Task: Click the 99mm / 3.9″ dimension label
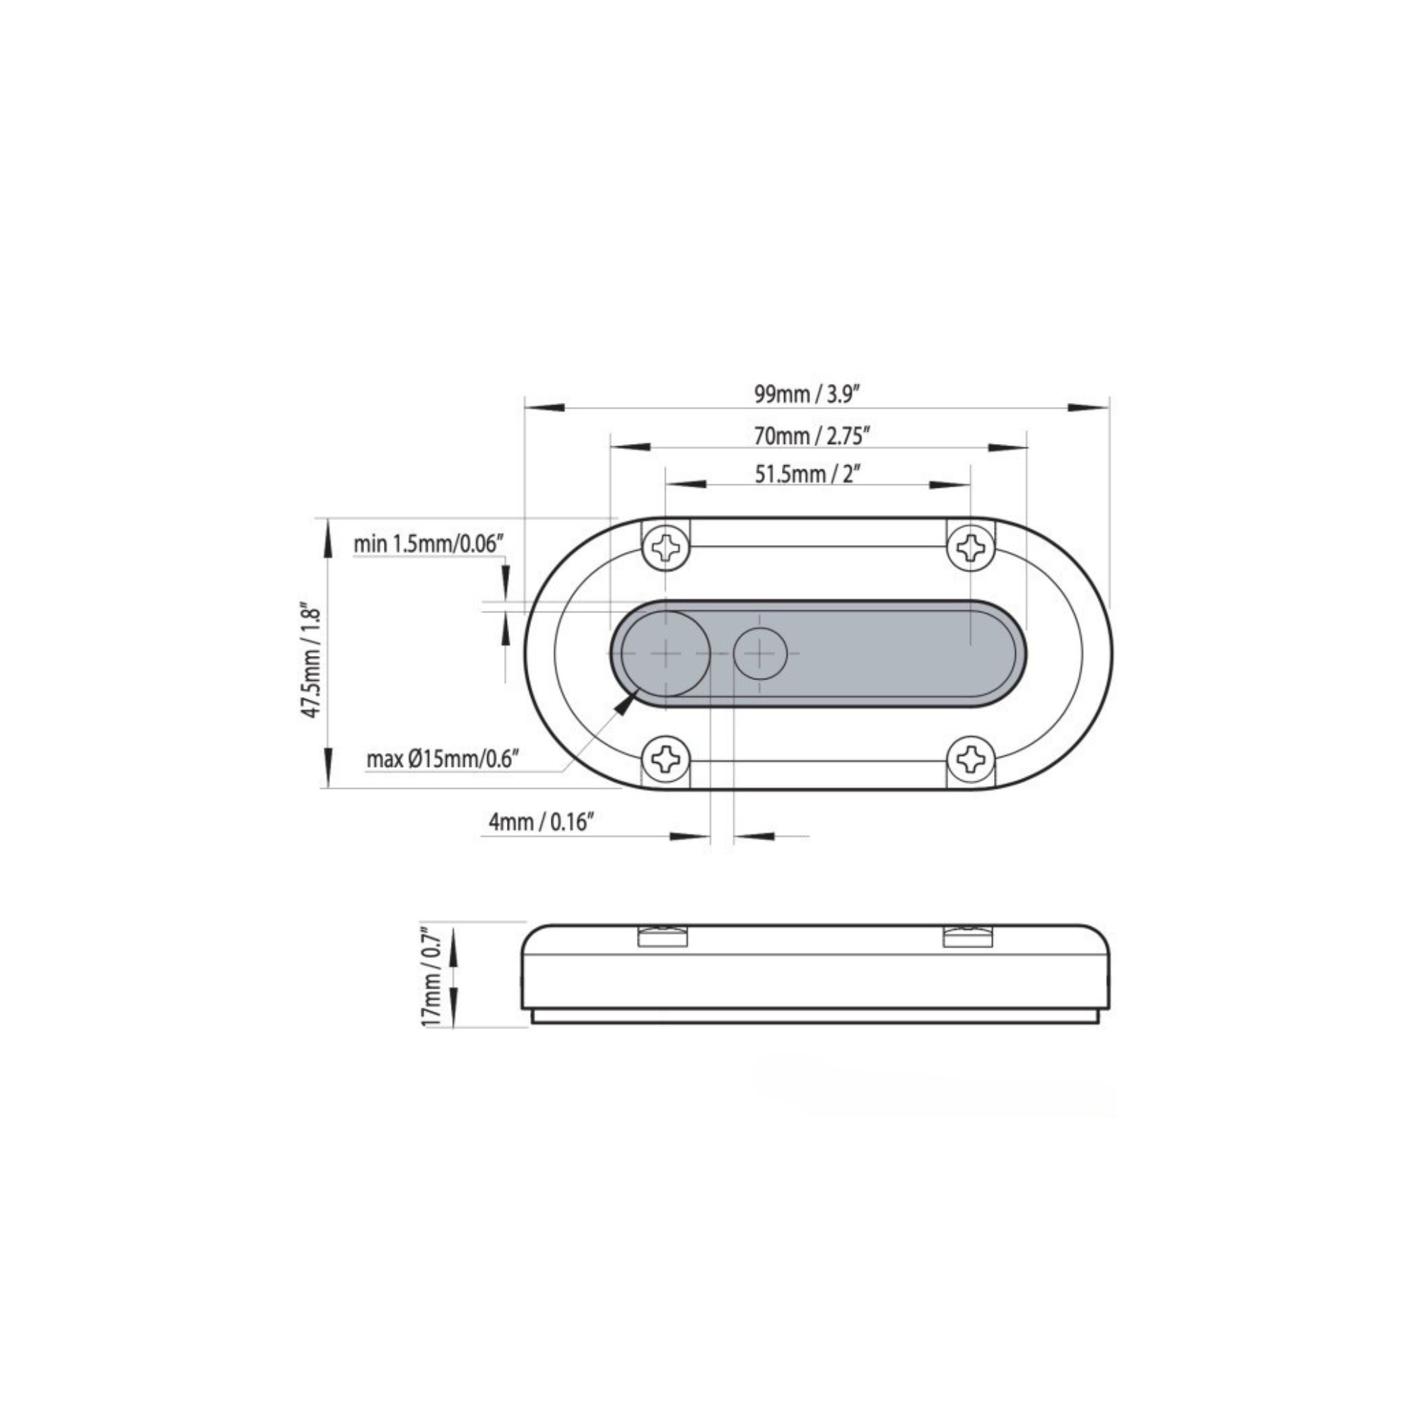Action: tap(806, 395)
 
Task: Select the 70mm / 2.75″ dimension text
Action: tap(812, 436)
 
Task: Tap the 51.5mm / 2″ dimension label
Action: tap(807, 474)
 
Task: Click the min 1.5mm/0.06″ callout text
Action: tap(430, 544)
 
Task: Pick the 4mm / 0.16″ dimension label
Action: tap(540, 822)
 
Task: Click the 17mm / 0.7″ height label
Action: tap(432, 977)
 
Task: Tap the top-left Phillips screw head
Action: tap(666, 546)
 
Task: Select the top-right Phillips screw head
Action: tap(972, 546)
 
